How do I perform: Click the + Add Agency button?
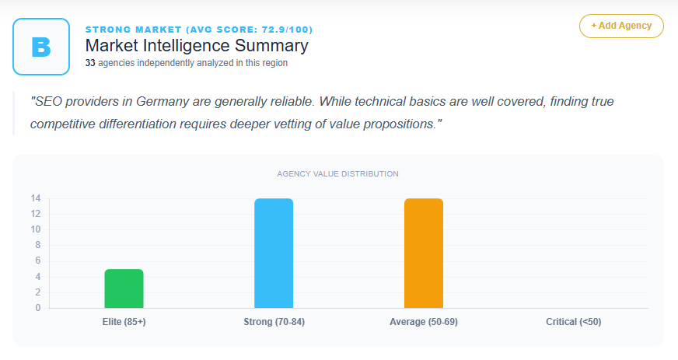620,26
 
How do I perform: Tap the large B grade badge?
41,47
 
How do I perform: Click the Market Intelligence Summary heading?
196,45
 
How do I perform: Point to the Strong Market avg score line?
199,30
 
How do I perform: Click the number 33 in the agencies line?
90,63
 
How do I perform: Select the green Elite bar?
124,288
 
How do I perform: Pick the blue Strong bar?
274,253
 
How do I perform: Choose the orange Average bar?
424,253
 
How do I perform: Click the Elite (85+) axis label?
124,321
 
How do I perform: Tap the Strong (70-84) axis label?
274,321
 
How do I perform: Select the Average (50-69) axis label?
424,321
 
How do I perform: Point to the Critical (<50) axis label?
573,321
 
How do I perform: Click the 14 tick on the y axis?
36,198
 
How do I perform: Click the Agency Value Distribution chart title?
338,173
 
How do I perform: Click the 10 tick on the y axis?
36,229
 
